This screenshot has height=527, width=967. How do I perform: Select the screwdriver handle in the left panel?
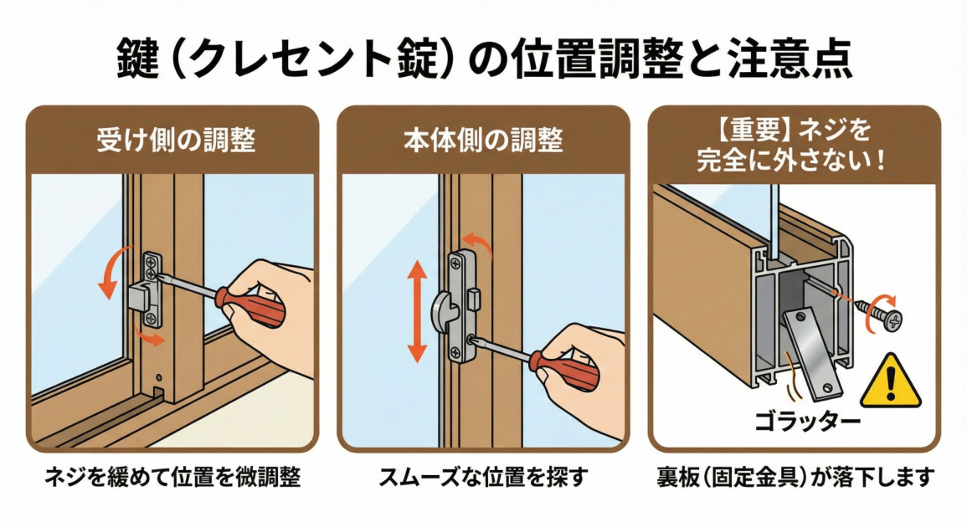tap(250, 305)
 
